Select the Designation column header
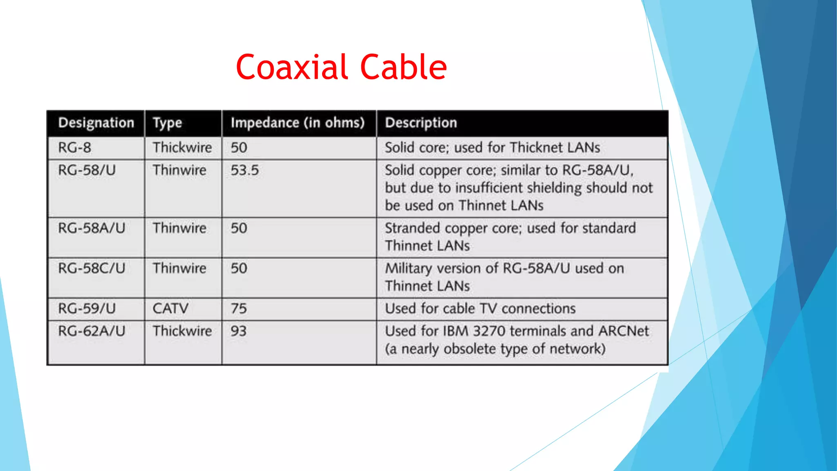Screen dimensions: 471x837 [96, 123]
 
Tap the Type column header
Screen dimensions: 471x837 [167, 123]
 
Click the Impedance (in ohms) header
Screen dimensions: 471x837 [298, 123]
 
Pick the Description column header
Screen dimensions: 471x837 [421, 123]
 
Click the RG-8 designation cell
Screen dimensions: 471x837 [75, 148]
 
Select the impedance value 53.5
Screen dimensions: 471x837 [244, 170]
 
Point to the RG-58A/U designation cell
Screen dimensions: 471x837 [92, 228]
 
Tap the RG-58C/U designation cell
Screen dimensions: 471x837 [92, 268]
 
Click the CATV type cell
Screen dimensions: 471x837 [170, 308]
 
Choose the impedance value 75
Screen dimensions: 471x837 [239, 308]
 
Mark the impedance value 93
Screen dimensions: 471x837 [239, 331]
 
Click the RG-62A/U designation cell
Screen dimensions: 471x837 [92, 331]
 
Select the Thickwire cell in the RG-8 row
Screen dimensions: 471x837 [182, 148]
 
